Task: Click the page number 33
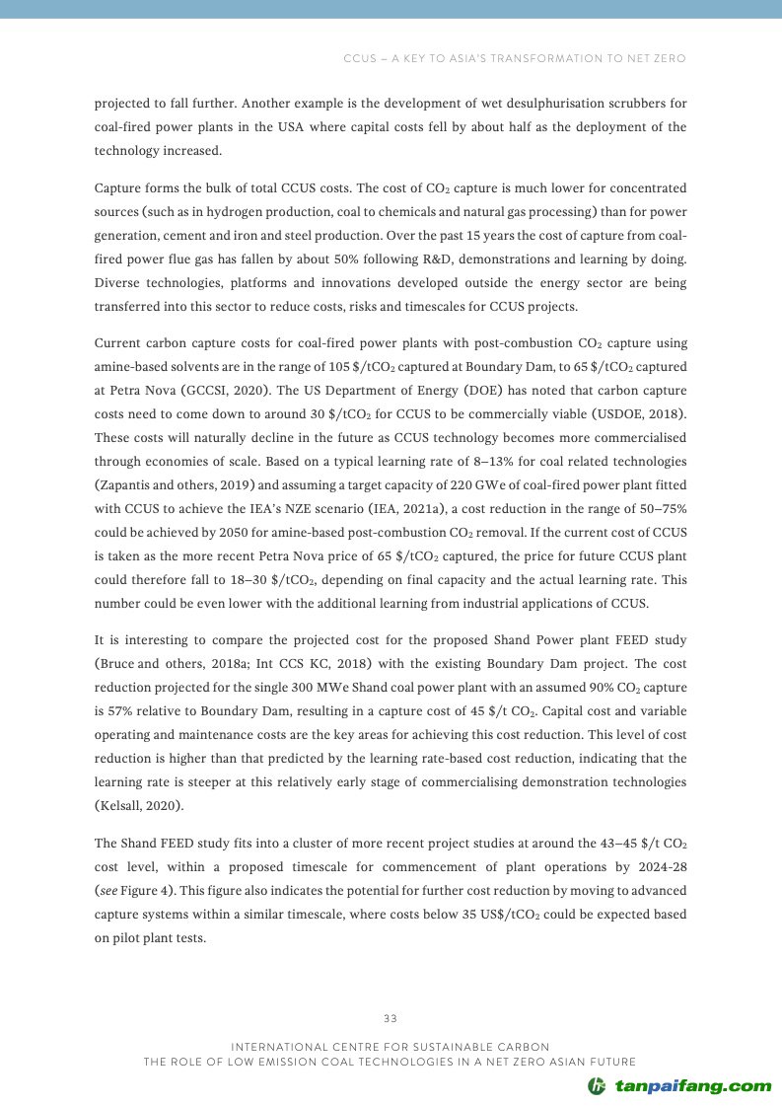(390, 1018)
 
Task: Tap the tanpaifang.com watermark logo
(679, 1086)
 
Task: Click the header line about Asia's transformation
(514, 58)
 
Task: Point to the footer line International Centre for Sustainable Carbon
(390, 1046)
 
